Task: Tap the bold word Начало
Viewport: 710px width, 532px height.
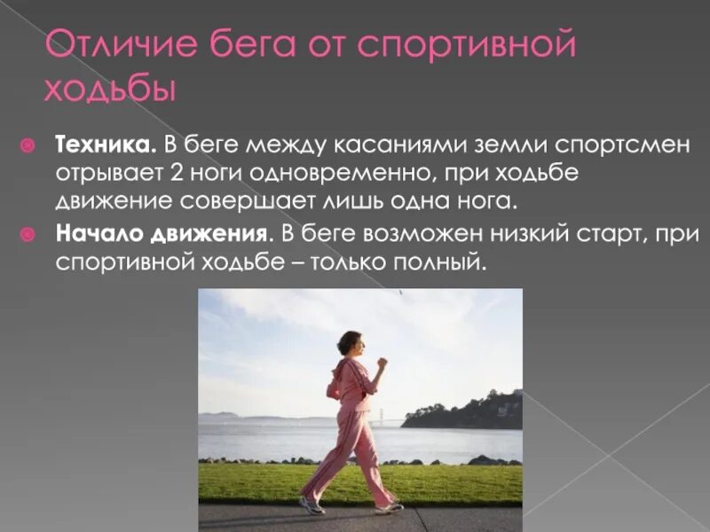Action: click(x=95, y=234)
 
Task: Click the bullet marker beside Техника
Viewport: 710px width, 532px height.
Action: click(x=28, y=145)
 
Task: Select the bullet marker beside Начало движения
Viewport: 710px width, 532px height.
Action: click(x=28, y=234)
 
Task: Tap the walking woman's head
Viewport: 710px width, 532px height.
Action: click(x=350, y=344)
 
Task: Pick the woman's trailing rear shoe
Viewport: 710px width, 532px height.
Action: click(x=311, y=505)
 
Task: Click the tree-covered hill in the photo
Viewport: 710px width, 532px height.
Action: click(x=470, y=411)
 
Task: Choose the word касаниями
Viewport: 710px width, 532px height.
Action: click(x=441, y=145)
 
